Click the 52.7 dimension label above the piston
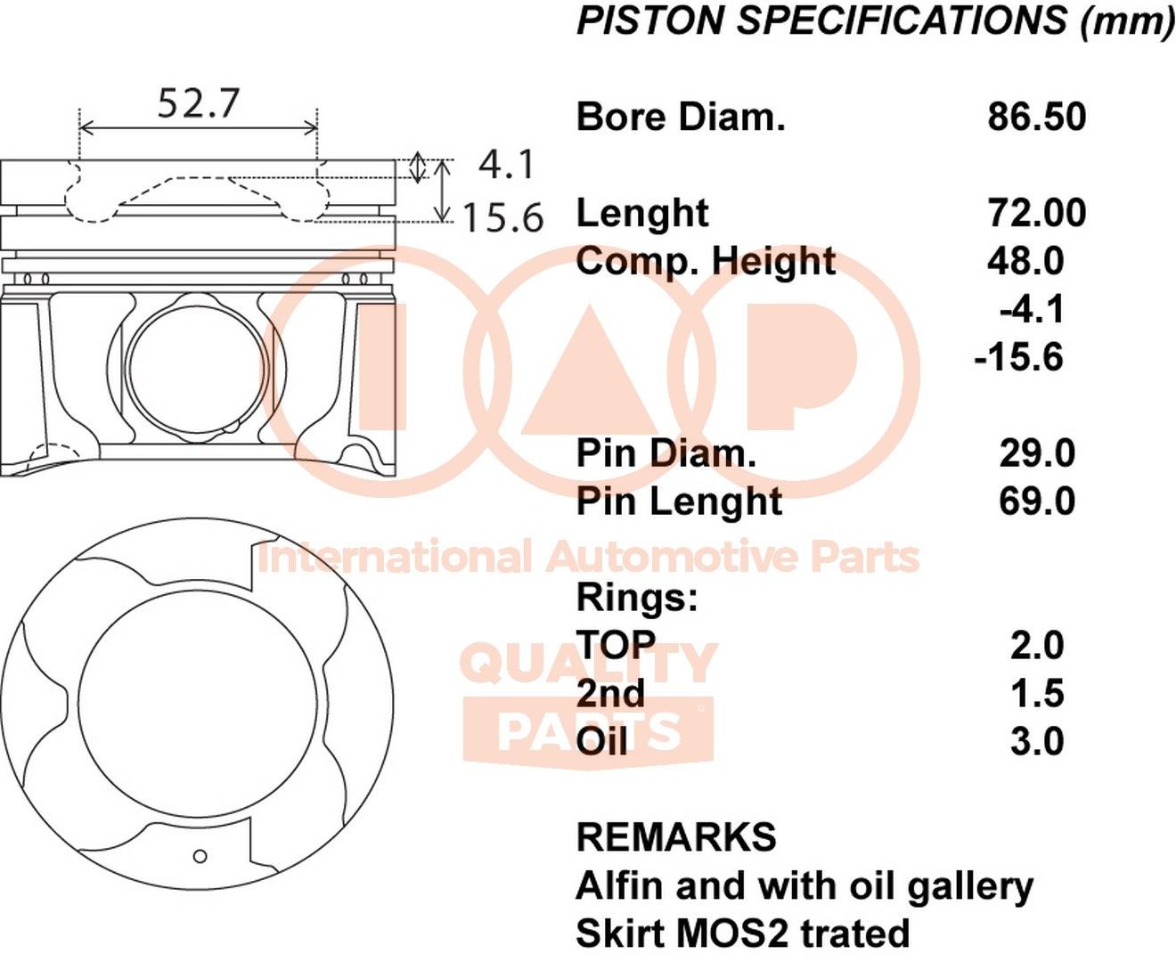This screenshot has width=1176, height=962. [x=199, y=103]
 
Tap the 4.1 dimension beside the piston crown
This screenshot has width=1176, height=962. [x=506, y=165]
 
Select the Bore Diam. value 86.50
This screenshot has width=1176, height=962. [x=1037, y=117]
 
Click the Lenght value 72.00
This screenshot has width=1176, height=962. [x=1037, y=213]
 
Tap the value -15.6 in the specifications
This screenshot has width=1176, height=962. [x=1019, y=357]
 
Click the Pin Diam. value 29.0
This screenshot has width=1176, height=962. [x=1037, y=452]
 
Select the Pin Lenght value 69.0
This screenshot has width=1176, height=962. [x=1037, y=501]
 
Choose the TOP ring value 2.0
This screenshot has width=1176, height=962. [x=1037, y=645]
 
